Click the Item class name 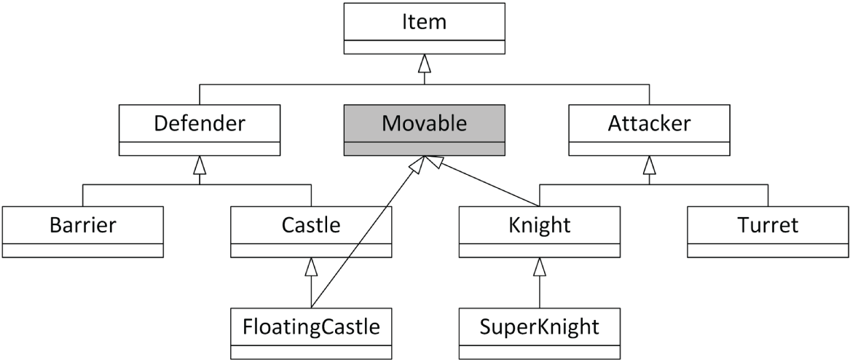click(x=424, y=23)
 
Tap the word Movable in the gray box click(x=424, y=123)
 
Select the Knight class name click(x=540, y=225)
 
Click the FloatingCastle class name click(x=311, y=326)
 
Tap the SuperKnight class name click(x=540, y=326)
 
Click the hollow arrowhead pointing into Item click(x=425, y=63)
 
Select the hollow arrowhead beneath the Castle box click(x=311, y=267)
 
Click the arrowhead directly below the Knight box click(x=540, y=267)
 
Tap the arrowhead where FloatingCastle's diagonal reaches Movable click(x=417, y=165)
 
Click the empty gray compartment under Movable click(x=424, y=149)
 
